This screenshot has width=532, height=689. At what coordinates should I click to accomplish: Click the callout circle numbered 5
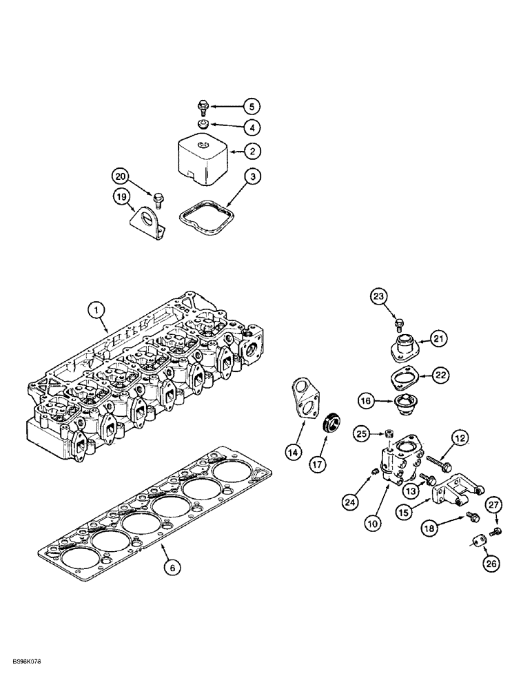(252, 107)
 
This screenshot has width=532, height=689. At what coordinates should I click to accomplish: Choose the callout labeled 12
(460, 438)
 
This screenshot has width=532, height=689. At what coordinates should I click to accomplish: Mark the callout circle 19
(121, 198)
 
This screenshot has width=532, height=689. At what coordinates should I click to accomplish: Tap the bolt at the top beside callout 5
(203, 107)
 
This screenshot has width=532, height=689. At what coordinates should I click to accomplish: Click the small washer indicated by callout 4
(203, 124)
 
